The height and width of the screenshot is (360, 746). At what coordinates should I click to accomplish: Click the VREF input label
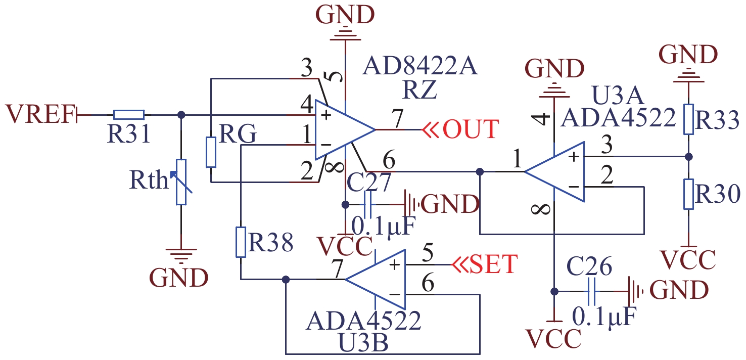[x=39, y=114]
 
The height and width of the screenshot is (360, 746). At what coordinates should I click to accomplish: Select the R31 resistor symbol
[x=128, y=115]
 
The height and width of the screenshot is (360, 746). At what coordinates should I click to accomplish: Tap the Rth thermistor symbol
[x=181, y=182]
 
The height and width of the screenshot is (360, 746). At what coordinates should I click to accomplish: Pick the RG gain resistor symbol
[x=211, y=152]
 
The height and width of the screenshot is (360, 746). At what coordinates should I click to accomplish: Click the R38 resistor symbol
[x=241, y=243]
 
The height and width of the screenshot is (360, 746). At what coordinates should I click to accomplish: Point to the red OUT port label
[x=470, y=129]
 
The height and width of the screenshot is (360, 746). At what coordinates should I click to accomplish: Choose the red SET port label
[x=493, y=264]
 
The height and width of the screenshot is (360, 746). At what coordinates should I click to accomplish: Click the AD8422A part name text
[x=421, y=66]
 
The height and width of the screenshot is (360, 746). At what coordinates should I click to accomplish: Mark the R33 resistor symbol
[x=688, y=119]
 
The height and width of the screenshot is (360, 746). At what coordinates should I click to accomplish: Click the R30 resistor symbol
[x=688, y=193]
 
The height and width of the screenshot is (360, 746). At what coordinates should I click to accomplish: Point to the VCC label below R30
[x=688, y=260]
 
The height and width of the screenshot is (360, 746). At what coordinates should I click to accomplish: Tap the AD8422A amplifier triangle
[x=342, y=129]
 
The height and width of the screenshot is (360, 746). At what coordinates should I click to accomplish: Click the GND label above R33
[x=688, y=55]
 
